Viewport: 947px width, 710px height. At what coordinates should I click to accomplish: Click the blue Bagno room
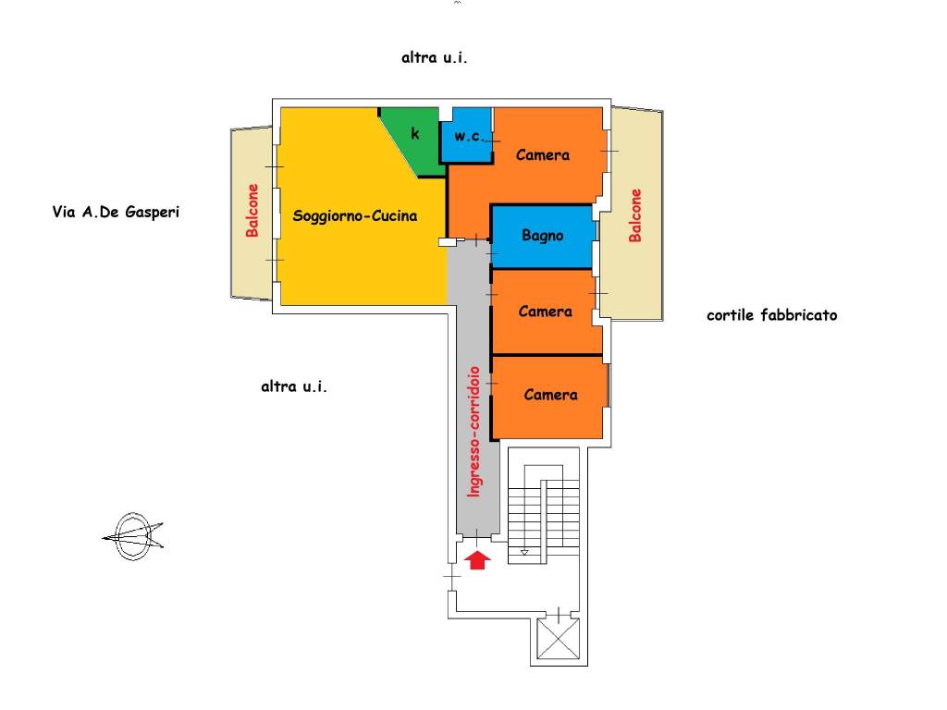[x=542, y=237]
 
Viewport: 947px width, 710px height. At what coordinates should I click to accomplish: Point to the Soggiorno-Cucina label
[x=354, y=215]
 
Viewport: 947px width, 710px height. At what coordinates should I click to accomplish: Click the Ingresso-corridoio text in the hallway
[x=474, y=432]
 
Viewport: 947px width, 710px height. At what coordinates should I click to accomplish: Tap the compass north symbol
[x=133, y=535]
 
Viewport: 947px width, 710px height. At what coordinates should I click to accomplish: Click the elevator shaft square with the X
[x=558, y=638]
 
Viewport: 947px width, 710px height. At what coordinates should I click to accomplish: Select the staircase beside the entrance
[x=544, y=514]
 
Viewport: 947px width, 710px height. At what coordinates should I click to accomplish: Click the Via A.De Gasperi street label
[x=116, y=212]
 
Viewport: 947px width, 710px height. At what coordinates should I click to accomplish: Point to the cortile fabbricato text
[x=772, y=315]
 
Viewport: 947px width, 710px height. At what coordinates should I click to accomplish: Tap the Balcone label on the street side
[x=252, y=210]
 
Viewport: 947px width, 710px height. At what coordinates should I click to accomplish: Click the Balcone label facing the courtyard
[x=634, y=215]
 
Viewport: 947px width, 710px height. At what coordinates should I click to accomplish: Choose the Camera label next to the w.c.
[x=542, y=155]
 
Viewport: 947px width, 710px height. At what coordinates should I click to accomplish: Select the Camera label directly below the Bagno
[x=545, y=312]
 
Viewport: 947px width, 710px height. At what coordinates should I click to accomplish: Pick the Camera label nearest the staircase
[x=550, y=395]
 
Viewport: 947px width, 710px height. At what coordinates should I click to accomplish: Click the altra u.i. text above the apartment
[x=435, y=57]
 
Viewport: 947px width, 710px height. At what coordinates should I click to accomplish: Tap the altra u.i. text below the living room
[x=294, y=386]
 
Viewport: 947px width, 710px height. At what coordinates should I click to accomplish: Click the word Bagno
[x=542, y=236]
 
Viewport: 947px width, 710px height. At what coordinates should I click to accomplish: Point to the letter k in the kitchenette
[x=415, y=133]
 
